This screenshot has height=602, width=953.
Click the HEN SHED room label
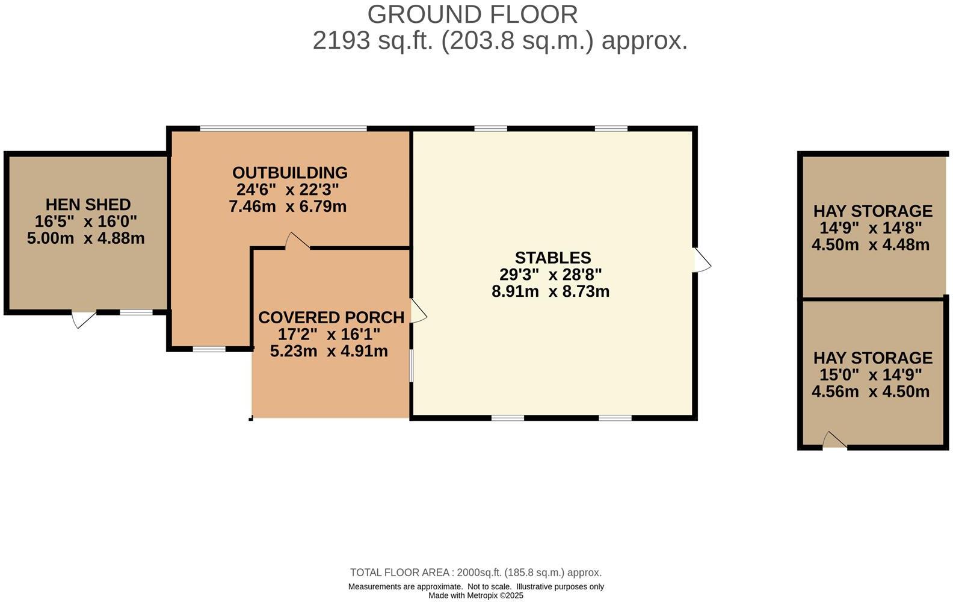(x=88, y=205)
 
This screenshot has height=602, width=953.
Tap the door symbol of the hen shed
(x=83, y=318)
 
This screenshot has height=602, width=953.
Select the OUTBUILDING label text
(x=290, y=173)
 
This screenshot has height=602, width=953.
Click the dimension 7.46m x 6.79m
(x=288, y=207)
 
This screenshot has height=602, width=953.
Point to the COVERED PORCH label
(x=331, y=317)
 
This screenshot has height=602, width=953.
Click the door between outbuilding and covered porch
(x=297, y=241)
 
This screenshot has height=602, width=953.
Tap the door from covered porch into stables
(x=418, y=311)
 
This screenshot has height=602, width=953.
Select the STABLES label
(x=553, y=258)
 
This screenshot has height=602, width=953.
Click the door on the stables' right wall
(x=702, y=260)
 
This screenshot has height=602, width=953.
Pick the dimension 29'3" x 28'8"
(x=551, y=275)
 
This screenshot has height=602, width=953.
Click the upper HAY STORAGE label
(x=872, y=211)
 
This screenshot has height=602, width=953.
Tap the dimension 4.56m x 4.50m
(x=871, y=392)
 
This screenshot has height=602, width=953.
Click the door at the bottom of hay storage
(x=834, y=441)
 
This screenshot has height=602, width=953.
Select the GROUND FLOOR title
(x=472, y=14)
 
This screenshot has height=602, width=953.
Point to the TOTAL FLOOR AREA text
(x=401, y=573)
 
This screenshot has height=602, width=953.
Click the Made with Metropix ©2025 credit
(x=475, y=595)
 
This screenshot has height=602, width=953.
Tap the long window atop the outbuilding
(x=283, y=128)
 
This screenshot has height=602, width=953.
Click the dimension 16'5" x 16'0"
(x=86, y=222)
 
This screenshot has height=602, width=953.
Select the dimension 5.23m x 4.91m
(x=328, y=352)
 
